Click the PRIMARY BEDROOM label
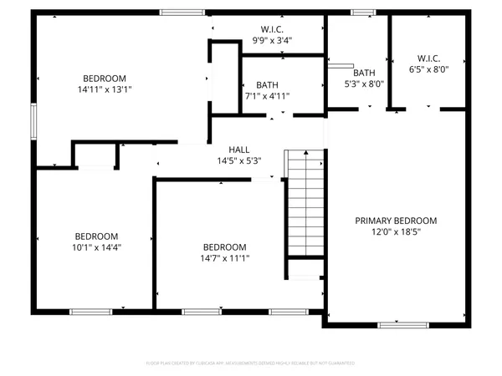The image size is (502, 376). (x=396, y=221)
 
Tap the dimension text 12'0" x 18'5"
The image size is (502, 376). (x=396, y=233)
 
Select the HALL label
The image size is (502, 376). (x=239, y=149)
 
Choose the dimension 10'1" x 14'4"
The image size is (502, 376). (x=96, y=248)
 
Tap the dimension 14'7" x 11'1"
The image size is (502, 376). (x=226, y=259)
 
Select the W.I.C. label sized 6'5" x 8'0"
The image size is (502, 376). (x=428, y=58)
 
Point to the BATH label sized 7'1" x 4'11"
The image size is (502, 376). (x=267, y=84)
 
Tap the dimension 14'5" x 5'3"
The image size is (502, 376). (x=239, y=160)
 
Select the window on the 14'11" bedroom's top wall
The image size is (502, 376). (x=177, y=12)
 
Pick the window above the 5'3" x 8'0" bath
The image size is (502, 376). (x=362, y=12)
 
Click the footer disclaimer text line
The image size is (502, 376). (x=251, y=364)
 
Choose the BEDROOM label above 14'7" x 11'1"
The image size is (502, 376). (x=226, y=247)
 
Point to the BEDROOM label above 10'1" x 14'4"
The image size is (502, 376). (x=96, y=236)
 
